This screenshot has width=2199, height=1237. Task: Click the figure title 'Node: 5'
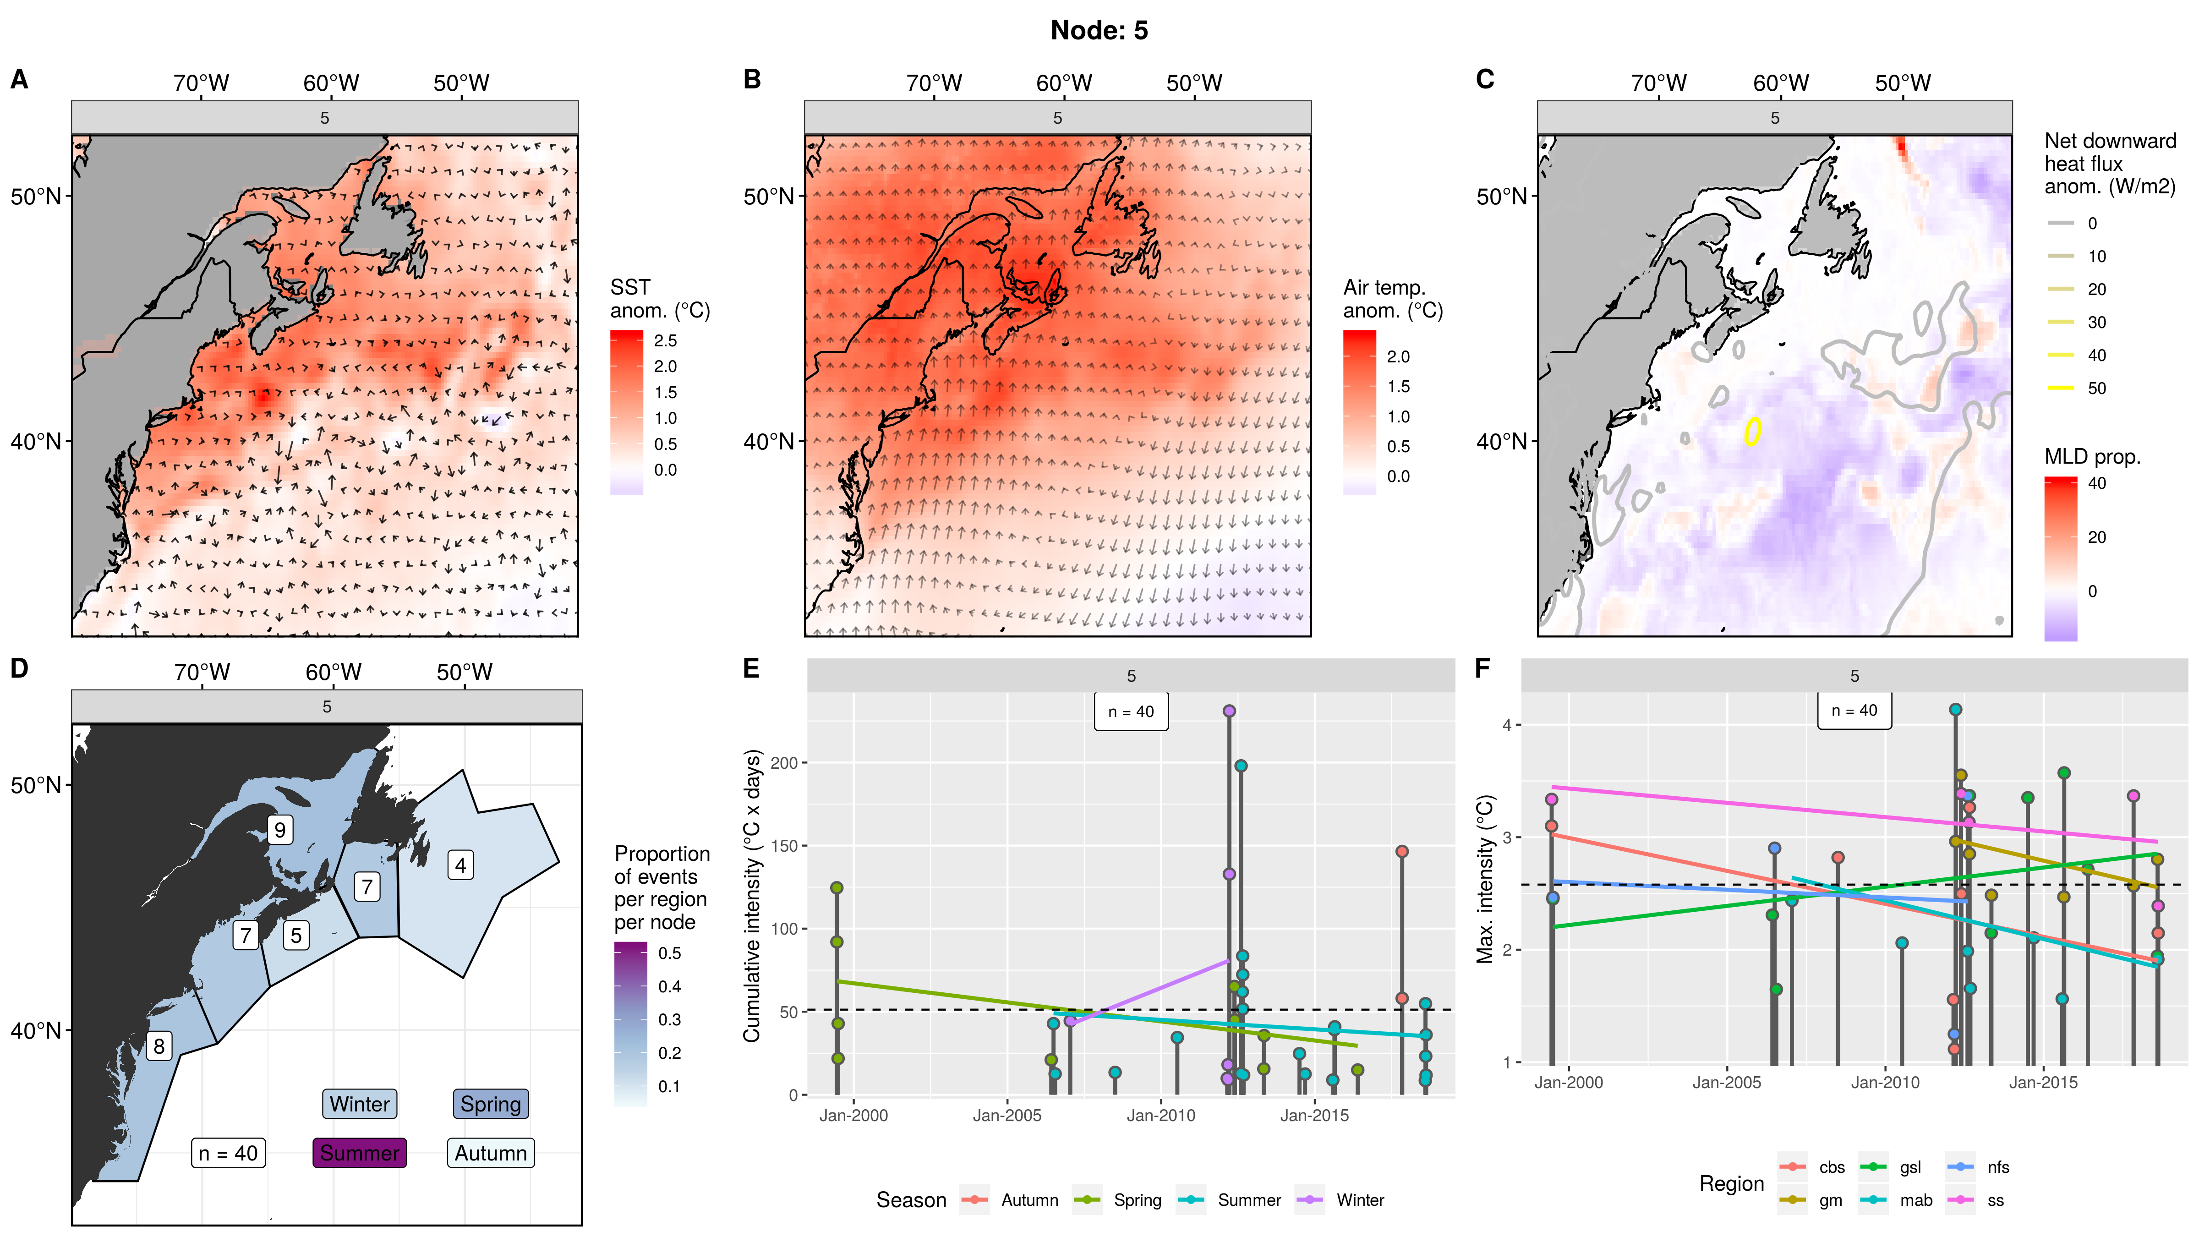point(1099,31)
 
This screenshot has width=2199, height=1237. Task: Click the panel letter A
point(19,79)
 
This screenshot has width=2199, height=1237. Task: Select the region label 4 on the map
point(460,865)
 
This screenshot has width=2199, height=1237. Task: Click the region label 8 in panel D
point(159,1046)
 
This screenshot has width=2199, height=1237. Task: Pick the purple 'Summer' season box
point(359,1153)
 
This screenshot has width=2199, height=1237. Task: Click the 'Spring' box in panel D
point(490,1104)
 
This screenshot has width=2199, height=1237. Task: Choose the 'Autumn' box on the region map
point(490,1153)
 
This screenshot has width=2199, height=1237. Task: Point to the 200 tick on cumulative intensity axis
point(784,763)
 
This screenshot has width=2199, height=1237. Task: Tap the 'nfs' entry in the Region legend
point(1997,1167)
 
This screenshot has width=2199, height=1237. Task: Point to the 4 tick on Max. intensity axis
point(1507,725)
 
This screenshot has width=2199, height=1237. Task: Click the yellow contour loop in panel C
point(1752,431)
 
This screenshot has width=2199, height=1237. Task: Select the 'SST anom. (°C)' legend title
point(659,299)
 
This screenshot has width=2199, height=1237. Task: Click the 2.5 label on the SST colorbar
point(665,340)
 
